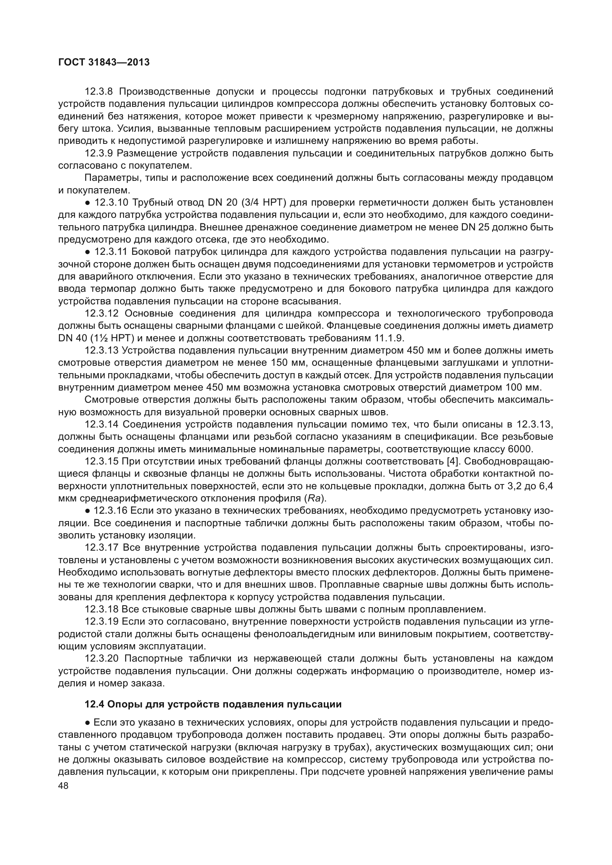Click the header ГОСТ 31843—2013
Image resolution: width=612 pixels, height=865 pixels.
pos(104,62)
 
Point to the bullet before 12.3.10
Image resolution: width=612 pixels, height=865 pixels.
pos(87,203)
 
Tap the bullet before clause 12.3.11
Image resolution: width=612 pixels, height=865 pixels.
pos(87,252)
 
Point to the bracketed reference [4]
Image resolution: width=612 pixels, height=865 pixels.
pos(452,462)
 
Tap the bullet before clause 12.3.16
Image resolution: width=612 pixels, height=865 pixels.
pos(87,511)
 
